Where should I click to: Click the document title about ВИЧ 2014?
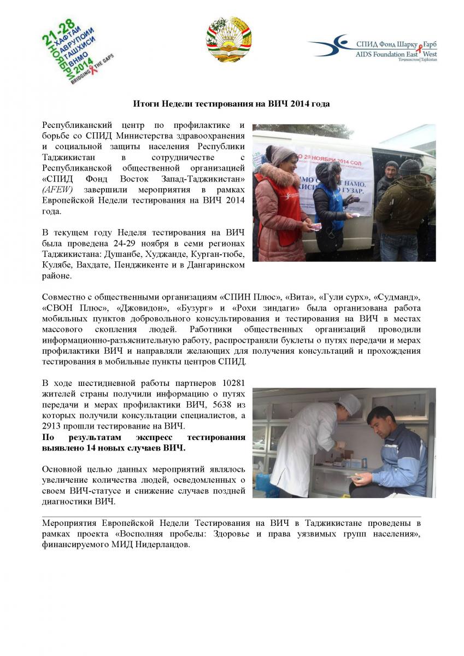pyautogui.click(x=232, y=103)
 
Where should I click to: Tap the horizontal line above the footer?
pyautogui.click(x=232, y=517)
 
